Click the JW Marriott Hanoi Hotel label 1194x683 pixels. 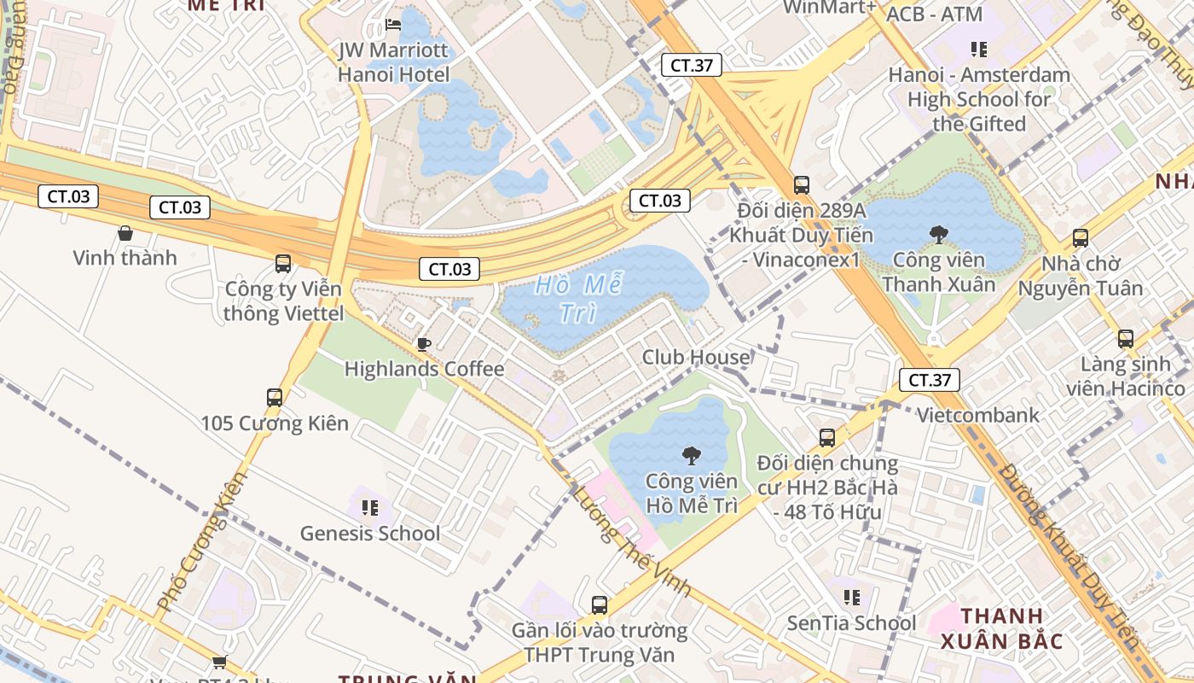pos(393,62)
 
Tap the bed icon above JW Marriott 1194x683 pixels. pos(393,25)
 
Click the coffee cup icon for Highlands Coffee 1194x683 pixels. pos(424,344)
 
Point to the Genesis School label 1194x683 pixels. pos(370,534)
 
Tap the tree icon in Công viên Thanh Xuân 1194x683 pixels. pos(938,234)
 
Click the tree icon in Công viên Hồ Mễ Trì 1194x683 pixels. pos(692,455)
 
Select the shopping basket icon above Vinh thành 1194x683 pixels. pos(125,232)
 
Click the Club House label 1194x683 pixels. pos(696,357)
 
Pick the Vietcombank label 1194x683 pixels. pos(978,416)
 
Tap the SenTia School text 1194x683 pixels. pos(851,623)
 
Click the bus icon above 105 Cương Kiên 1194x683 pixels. pos(275,397)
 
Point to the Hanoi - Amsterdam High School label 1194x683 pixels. pos(979,99)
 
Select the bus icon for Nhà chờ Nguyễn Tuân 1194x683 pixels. pos(1081,238)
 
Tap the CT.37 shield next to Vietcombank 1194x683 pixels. pos(929,380)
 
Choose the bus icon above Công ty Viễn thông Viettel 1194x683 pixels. pos(283,264)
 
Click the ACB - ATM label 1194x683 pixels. pos(935,15)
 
